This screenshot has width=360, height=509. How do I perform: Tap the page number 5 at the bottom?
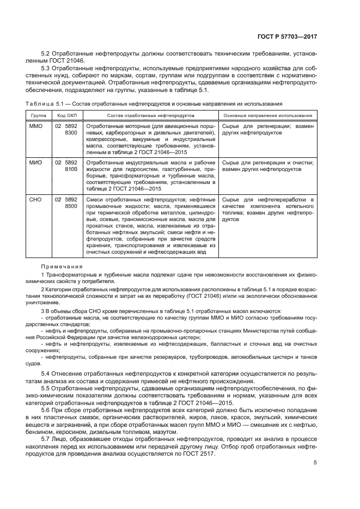[x=315, y=463]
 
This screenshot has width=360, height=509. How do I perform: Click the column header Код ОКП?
[x=66, y=115]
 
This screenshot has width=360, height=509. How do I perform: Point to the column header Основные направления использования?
[x=268, y=115]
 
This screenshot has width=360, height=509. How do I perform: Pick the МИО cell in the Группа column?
[x=35, y=162]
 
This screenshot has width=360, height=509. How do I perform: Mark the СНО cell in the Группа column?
[x=35, y=200]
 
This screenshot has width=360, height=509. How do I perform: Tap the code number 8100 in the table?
[x=71, y=169]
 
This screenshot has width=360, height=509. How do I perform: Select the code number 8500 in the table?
[x=71, y=207]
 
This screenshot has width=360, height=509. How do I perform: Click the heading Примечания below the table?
[x=61, y=266]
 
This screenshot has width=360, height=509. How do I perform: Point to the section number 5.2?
[x=46, y=54]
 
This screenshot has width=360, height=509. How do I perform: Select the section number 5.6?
[x=46, y=409]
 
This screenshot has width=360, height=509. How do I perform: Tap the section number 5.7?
[x=46, y=438]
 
